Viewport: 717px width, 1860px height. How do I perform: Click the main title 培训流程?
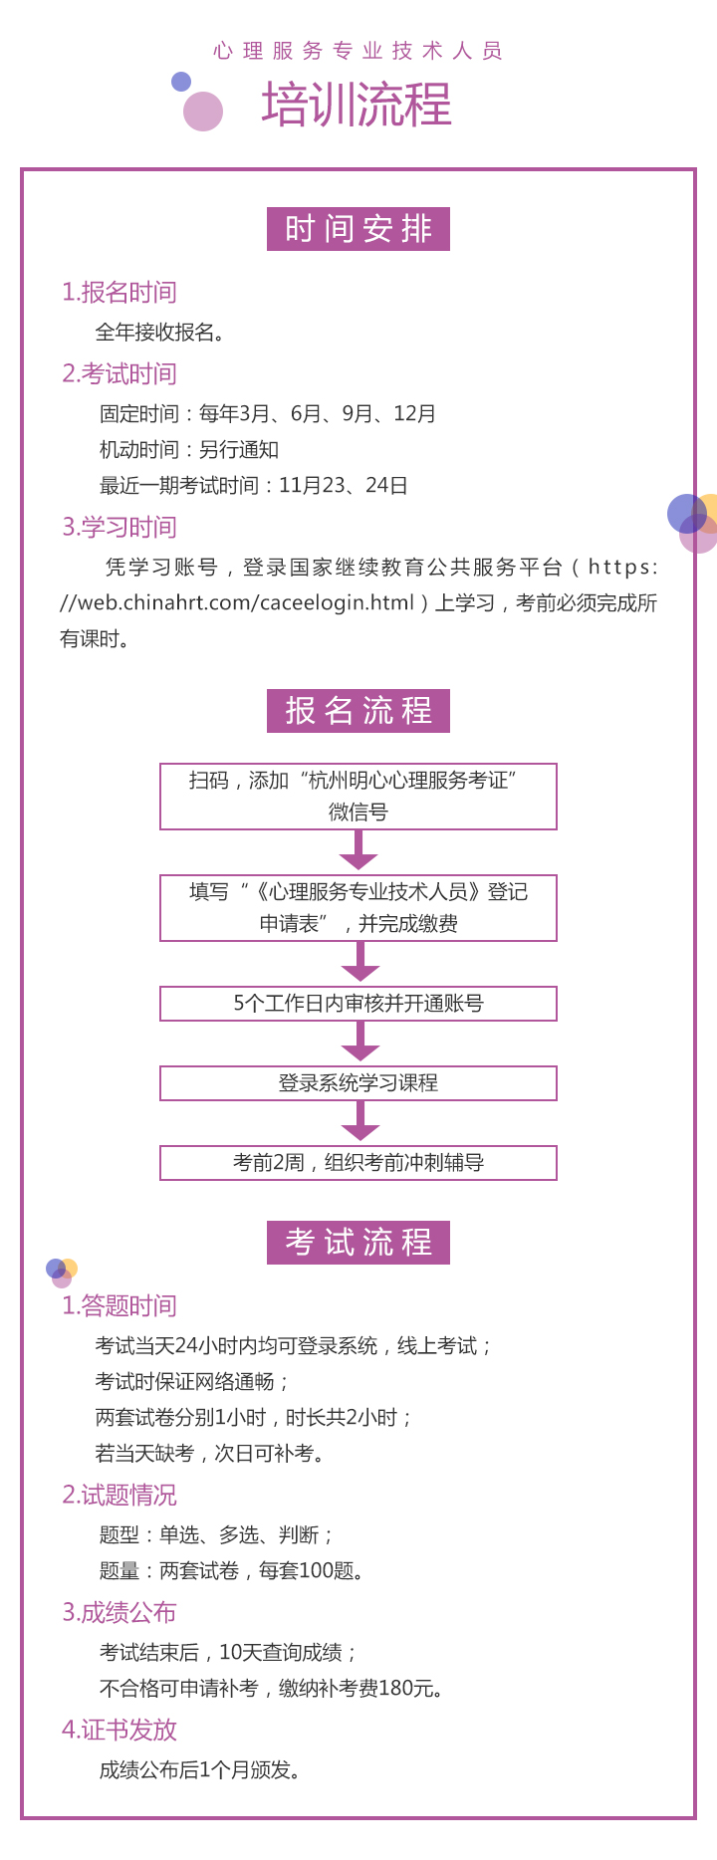pos(357,105)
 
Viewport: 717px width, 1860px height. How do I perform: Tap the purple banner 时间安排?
pos(358,229)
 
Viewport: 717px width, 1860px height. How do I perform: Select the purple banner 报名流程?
pos(358,711)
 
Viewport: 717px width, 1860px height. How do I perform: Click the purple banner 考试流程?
pos(358,1243)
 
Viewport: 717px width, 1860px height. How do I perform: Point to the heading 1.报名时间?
pos(119,292)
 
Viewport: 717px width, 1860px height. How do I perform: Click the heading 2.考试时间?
pos(119,373)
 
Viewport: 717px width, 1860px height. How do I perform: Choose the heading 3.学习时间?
pos(119,527)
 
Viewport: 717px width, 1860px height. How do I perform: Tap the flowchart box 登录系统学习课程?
pos(358,1083)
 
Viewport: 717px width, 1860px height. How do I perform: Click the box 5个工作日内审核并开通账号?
pos(358,1004)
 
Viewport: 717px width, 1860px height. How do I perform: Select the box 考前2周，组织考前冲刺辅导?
pos(358,1163)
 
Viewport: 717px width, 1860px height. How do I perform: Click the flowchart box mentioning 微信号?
pos(358,797)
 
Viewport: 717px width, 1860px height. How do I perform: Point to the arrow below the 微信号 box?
pos(358,850)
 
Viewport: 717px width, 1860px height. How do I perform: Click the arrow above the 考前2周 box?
pos(359,1121)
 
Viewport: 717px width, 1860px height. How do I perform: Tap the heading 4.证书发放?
pos(119,1730)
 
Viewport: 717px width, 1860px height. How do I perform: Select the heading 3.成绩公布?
pos(119,1612)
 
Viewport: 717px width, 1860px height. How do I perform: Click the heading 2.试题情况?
pos(119,1495)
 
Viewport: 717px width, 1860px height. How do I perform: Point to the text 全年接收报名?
pos(159,333)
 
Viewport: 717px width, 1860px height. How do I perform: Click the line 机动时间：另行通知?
pos(189,450)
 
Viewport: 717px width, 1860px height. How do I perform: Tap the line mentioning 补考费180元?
pos(271,1689)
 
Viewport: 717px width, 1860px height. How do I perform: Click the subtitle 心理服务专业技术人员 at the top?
pos(358,51)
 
